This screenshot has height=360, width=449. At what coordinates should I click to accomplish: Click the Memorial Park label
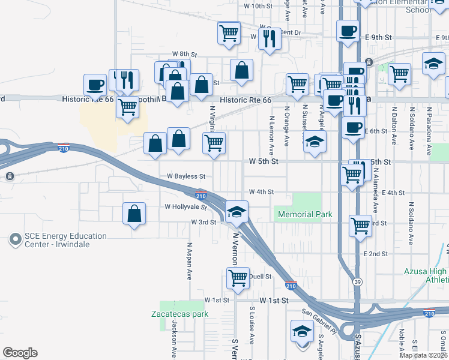coord(303,214)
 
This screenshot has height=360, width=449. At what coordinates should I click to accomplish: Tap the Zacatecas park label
coord(179,314)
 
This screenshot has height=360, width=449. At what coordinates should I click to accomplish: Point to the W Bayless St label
coord(186,177)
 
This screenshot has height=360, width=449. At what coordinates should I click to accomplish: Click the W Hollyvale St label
coord(185,206)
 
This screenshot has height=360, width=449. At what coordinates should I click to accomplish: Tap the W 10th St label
coord(258,5)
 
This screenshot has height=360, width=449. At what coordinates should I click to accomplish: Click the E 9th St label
coord(378,37)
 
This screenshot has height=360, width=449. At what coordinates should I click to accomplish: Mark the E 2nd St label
coord(375,254)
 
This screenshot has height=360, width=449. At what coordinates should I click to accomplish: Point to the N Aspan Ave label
coord(189,262)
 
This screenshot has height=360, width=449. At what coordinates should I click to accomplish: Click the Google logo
coord(20,353)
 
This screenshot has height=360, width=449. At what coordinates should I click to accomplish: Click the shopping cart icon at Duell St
coord(238,278)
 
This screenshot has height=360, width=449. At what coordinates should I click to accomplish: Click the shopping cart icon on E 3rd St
coord(360,226)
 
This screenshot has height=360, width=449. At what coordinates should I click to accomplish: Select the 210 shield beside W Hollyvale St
coord(202,196)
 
